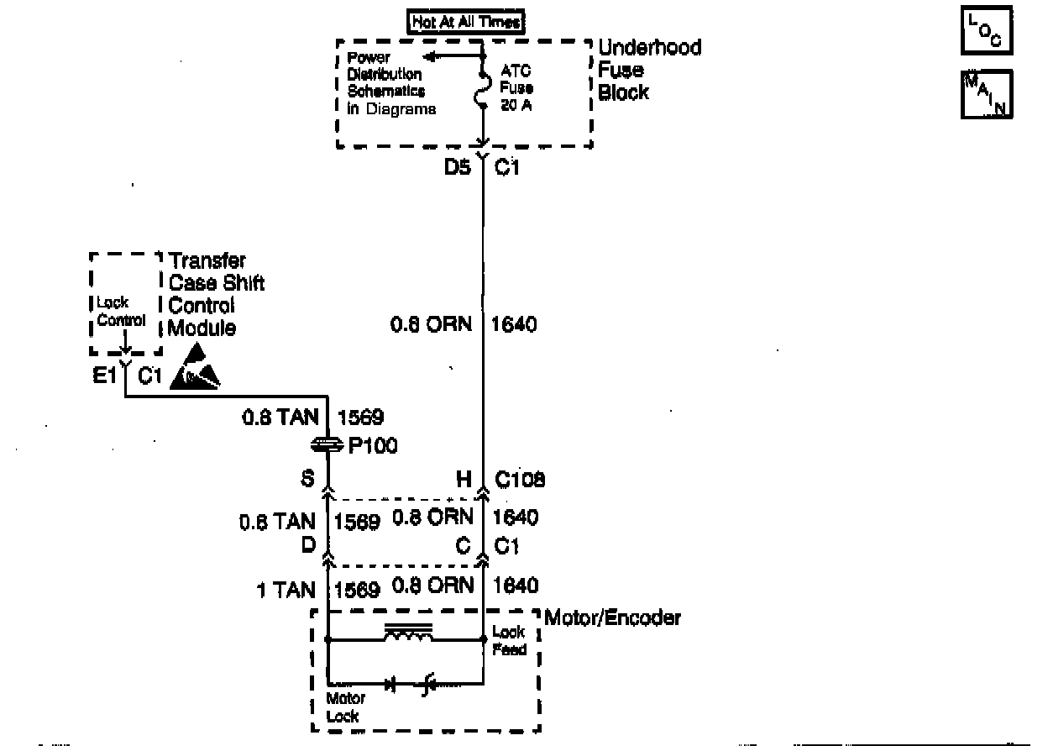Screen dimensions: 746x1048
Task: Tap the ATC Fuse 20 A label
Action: pyautogui.click(x=516, y=88)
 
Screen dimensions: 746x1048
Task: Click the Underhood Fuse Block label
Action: pyautogui.click(x=648, y=70)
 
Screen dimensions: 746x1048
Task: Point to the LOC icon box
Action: pyautogui.click(x=986, y=32)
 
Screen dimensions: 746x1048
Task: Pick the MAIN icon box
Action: pyautogui.click(x=986, y=93)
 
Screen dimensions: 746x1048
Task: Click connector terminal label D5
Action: pyautogui.click(x=457, y=168)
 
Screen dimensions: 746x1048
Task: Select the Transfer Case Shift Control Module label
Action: pyautogui.click(x=215, y=295)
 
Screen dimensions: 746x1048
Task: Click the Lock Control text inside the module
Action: pyautogui.click(x=121, y=312)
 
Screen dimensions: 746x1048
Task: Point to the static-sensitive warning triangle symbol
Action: pyautogui.click(x=195, y=370)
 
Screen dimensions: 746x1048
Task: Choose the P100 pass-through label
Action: pyautogui.click(x=371, y=446)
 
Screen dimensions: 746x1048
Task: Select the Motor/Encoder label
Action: pyautogui.click(x=612, y=618)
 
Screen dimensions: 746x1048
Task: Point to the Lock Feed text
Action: pyautogui.click(x=509, y=641)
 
